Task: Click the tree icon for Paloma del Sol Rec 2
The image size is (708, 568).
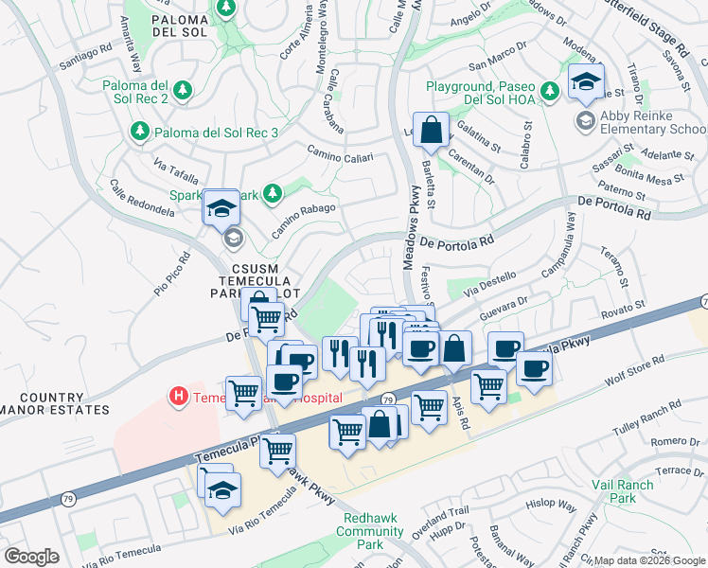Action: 183,91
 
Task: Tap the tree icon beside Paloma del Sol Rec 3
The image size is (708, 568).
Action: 141,131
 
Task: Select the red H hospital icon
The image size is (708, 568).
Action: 176,397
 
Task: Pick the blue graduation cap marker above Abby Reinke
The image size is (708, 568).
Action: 586,82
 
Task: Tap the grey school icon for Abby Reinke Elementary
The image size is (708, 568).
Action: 586,121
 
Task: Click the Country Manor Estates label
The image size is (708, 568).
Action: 55,404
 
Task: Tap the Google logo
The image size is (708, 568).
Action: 31,556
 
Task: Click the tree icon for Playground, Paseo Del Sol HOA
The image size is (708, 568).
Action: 549,93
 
